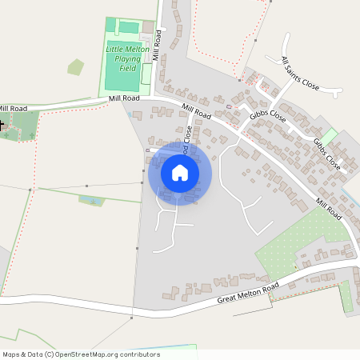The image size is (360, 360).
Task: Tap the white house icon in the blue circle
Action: [x=180, y=173]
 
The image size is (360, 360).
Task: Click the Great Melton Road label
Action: [x=248, y=294]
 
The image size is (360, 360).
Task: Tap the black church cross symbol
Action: [x=2, y=125]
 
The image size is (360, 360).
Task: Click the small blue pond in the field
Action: [x=90, y=199]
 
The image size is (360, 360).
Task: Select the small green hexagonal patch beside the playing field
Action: [x=75, y=67]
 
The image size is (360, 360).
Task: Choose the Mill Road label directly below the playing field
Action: [x=124, y=98]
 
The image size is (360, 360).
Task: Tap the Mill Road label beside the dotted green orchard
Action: [x=329, y=210]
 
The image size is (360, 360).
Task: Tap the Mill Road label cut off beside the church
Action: [x=14, y=108]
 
